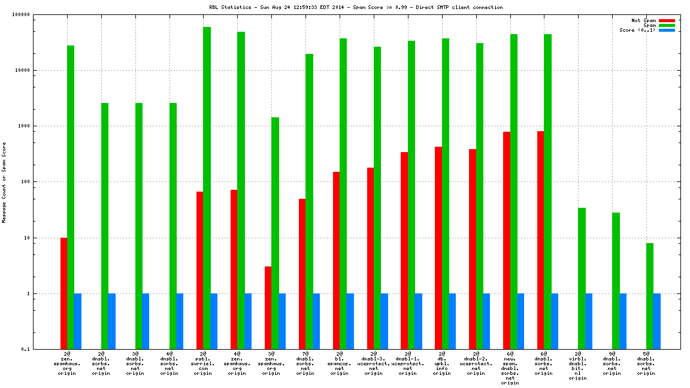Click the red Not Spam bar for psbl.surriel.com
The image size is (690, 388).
pyautogui.click(x=200, y=270)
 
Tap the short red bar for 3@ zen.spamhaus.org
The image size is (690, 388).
pyautogui.click(x=268, y=308)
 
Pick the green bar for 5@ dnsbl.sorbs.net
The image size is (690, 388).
pyautogui.click(x=650, y=296)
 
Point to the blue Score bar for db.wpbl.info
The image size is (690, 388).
pyautogui.click(x=452, y=321)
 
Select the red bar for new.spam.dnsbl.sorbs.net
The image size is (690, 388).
pyautogui.click(x=507, y=240)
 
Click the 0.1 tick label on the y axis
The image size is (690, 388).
pyautogui.click(x=42, y=350)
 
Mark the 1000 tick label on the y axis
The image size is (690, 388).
pyautogui.click(x=40, y=126)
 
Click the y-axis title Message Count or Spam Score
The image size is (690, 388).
pyautogui.click(x=4, y=183)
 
